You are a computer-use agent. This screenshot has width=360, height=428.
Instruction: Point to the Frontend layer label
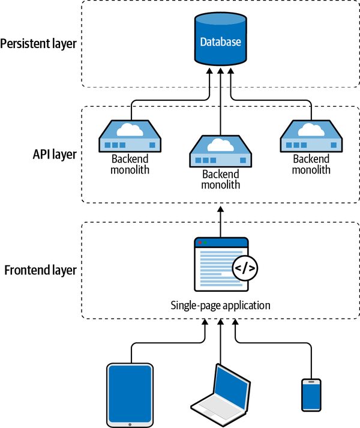(x=41, y=270)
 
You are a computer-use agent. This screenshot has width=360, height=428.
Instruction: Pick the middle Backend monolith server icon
(x=221, y=151)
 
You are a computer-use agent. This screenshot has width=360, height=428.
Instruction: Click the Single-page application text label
(x=221, y=306)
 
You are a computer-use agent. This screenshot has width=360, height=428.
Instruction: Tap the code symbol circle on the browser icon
(x=245, y=268)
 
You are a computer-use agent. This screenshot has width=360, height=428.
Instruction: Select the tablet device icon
(x=130, y=393)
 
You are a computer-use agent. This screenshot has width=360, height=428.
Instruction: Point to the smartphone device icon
(x=311, y=395)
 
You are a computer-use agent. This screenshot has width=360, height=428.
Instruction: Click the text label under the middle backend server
(x=221, y=179)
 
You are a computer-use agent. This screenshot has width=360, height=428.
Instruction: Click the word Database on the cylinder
(x=221, y=42)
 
